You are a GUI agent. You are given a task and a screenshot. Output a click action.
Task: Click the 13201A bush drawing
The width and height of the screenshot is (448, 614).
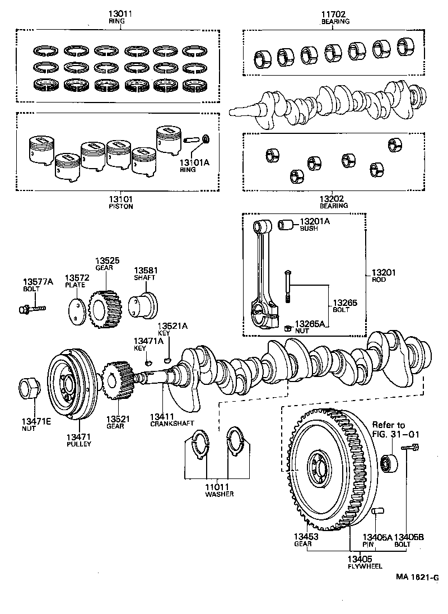coord(287,225)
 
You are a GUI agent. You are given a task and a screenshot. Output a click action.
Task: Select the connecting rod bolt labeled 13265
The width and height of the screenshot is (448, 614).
coord(288,286)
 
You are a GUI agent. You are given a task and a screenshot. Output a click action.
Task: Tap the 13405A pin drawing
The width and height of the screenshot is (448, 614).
coord(378,511)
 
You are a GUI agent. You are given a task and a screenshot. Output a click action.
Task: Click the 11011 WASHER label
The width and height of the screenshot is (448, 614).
coord(219,490)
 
